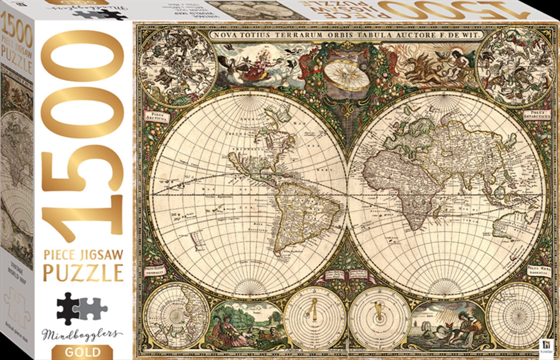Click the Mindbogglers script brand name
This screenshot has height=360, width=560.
click(x=81, y=334)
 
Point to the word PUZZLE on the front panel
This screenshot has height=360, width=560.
click(x=83, y=273)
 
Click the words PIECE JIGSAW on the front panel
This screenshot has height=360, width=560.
click(x=83, y=255)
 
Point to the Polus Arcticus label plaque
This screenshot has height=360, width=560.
click(x=156, y=117)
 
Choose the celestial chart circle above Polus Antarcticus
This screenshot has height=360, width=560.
click(x=515, y=67)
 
